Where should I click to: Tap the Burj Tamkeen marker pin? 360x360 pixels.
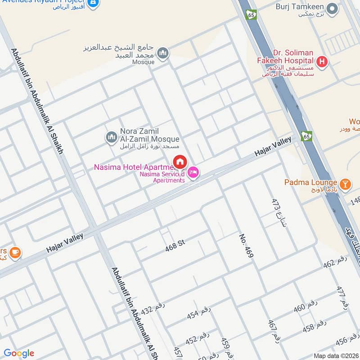(x=332, y=9)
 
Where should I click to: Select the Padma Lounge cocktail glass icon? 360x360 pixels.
(x=345, y=183)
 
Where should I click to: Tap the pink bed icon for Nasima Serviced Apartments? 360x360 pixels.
(x=193, y=172)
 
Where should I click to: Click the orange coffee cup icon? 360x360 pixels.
(x=15, y=253)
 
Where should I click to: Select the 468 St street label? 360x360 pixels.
(x=175, y=245)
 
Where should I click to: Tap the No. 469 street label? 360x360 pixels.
(x=247, y=246)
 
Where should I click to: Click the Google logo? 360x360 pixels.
(x=19, y=353)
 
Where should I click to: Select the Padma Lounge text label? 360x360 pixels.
(x=310, y=182)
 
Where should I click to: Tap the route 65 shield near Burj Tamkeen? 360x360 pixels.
(x=251, y=14)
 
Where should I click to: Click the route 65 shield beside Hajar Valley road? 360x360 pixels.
(x=307, y=135)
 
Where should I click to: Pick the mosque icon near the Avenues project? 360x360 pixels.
(x=162, y=53)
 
